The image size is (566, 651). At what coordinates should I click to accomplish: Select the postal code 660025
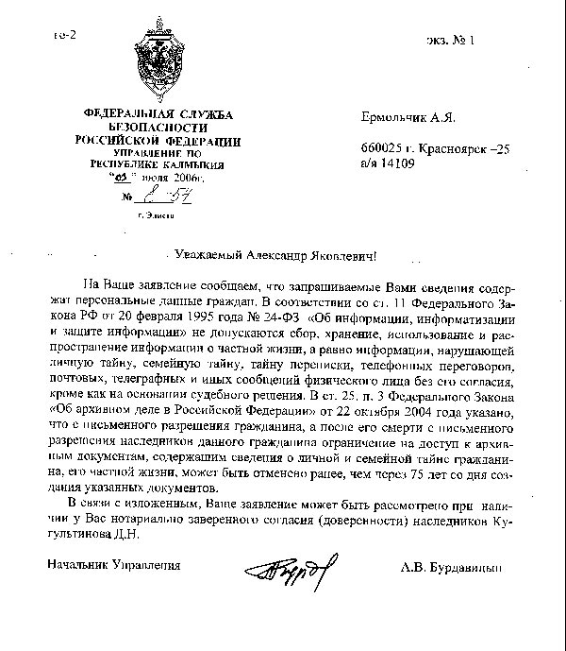click(380, 148)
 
